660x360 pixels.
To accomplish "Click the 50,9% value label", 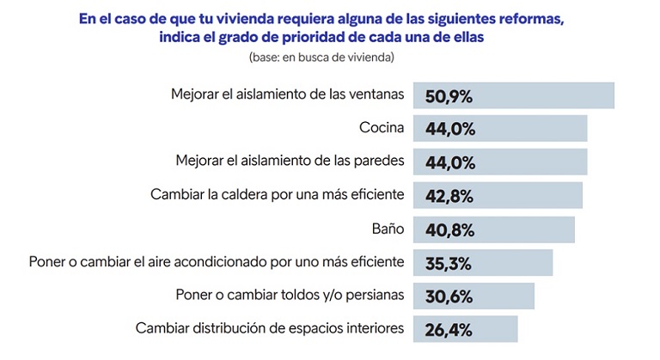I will (449, 95).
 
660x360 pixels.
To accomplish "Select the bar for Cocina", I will (533, 129).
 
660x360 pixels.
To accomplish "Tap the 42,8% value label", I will (449, 196).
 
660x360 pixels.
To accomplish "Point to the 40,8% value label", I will (449, 229).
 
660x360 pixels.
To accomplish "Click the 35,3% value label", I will (449, 262).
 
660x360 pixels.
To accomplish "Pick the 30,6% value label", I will (449, 296).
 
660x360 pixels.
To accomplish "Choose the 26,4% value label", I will (449, 329).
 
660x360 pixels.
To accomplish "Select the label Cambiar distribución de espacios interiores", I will (270, 328).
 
